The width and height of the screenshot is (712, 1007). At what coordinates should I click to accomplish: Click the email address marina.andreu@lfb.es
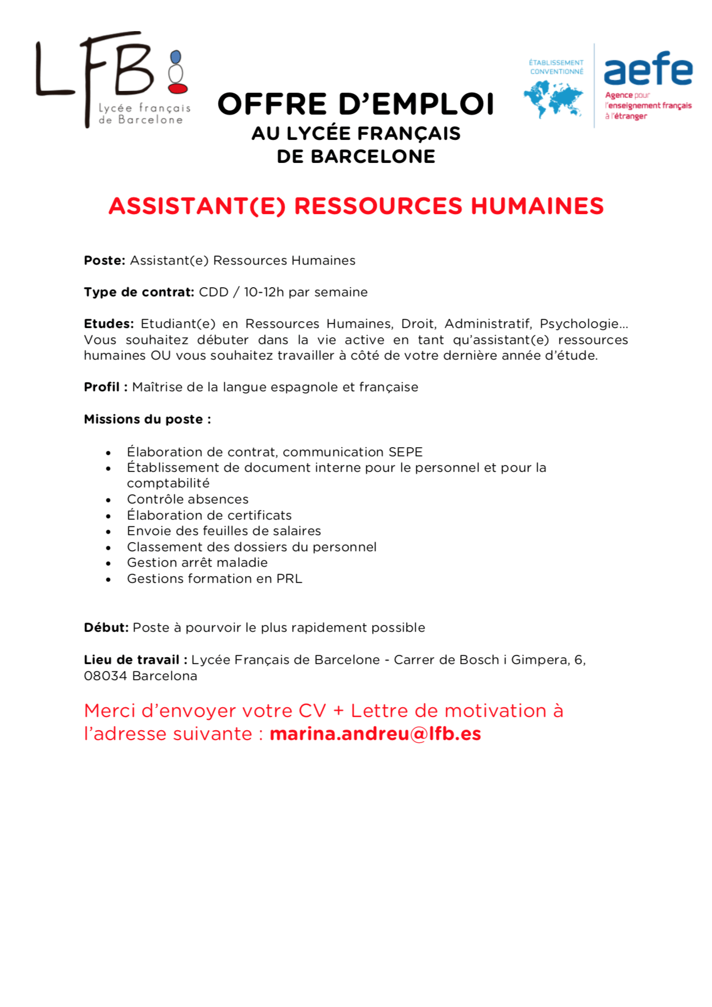375,734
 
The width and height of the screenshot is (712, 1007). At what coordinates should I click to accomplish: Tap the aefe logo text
648,69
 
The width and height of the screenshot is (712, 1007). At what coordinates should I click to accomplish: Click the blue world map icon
553,98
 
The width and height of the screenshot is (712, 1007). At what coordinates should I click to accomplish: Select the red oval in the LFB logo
178,89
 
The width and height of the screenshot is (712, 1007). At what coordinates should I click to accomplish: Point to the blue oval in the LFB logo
176,57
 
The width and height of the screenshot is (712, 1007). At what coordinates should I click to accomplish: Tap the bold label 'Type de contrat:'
139,292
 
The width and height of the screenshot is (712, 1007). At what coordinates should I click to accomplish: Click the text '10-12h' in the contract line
263,292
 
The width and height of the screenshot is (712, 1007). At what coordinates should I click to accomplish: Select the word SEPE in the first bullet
405,452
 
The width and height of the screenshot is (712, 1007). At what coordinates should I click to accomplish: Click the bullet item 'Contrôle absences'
187,499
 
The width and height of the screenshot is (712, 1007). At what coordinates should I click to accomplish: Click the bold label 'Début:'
106,628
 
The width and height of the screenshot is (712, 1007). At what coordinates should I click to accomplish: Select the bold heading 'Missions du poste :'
147,419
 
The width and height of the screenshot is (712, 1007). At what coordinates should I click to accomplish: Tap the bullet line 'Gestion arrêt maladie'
197,563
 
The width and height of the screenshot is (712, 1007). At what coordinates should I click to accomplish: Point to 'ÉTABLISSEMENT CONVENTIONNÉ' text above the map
556,67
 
